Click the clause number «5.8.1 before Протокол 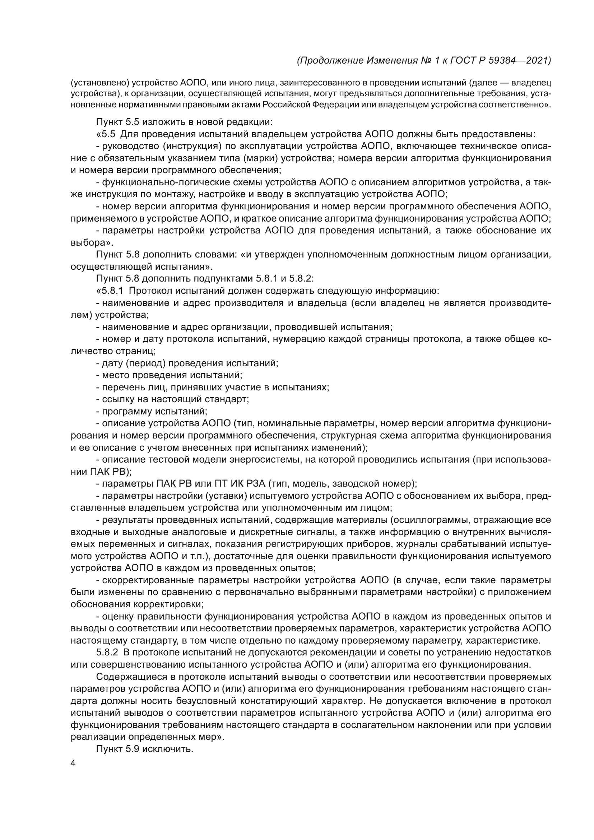click(111, 291)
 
